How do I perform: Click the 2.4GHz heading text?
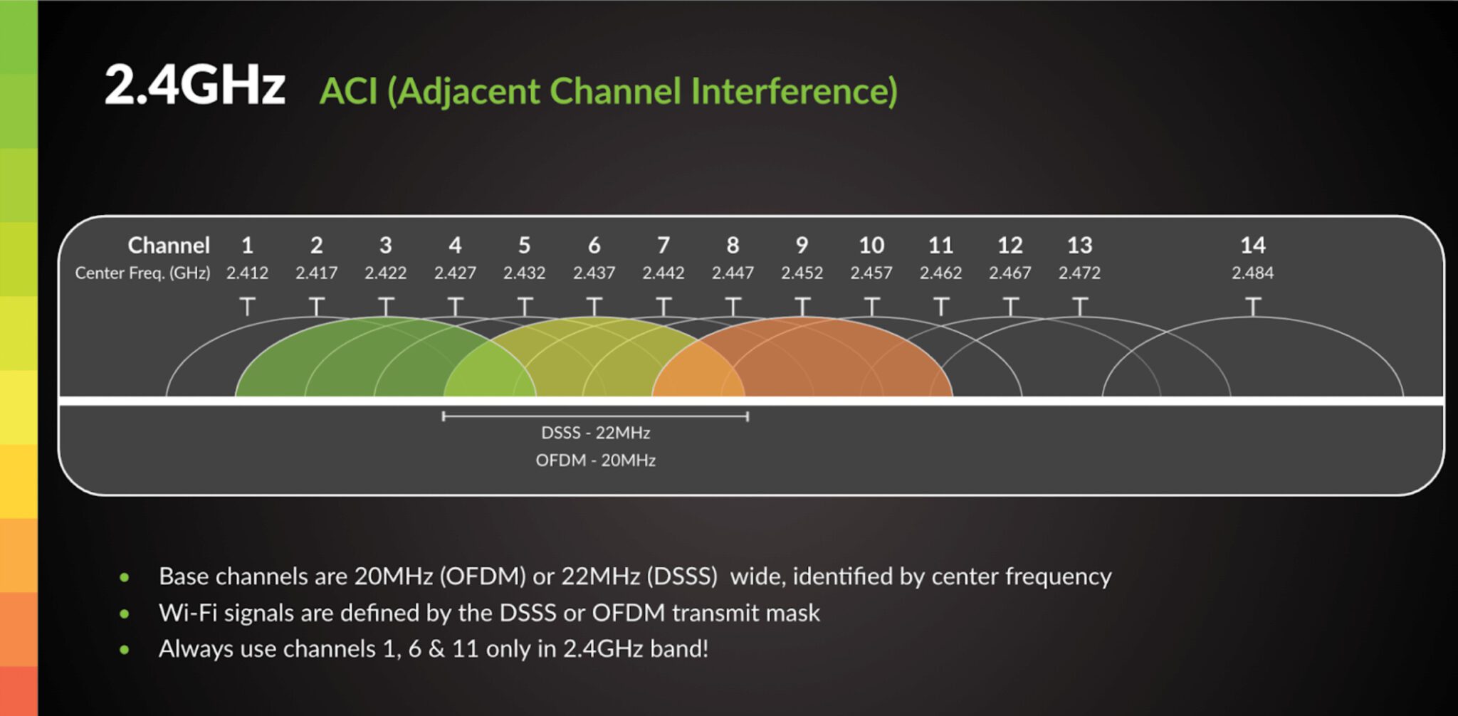click(x=194, y=85)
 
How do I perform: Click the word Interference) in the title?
click(x=794, y=92)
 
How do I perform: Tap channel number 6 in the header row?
click(x=594, y=246)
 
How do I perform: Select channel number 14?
click(x=1252, y=246)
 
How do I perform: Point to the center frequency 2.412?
click(x=247, y=273)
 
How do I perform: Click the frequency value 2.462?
click(x=940, y=273)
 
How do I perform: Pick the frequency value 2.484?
click(x=1252, y=273)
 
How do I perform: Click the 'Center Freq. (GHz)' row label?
click(x=142, y=273)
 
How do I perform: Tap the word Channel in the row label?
click(x=169, y=246)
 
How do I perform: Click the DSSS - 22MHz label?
click(x=595, y=433)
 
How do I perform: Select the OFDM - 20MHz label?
click(x=595, y=460)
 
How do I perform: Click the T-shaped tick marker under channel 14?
click(x=1252, y=306)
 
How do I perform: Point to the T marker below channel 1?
click(x=247, y=306)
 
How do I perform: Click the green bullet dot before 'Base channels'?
click(x=125, y=577)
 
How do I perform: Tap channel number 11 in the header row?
click(x=940, y=246)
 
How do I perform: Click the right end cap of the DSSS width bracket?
click(x=748, y=416)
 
